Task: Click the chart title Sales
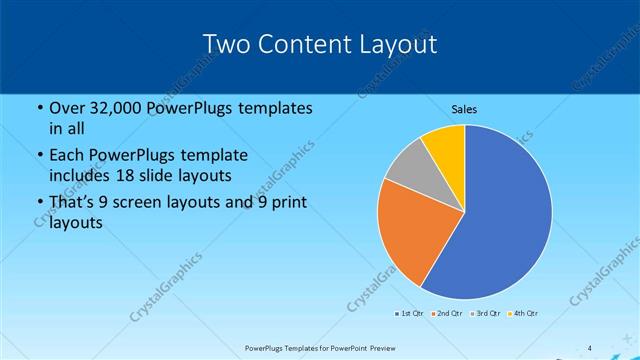tap(465, 109)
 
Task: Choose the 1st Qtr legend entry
tap(409, 314)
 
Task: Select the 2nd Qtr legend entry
tap(447, 314)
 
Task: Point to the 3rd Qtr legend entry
tap(485, 314)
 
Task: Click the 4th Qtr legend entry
tap(523, 314)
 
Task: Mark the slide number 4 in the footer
tap(589, 348)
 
